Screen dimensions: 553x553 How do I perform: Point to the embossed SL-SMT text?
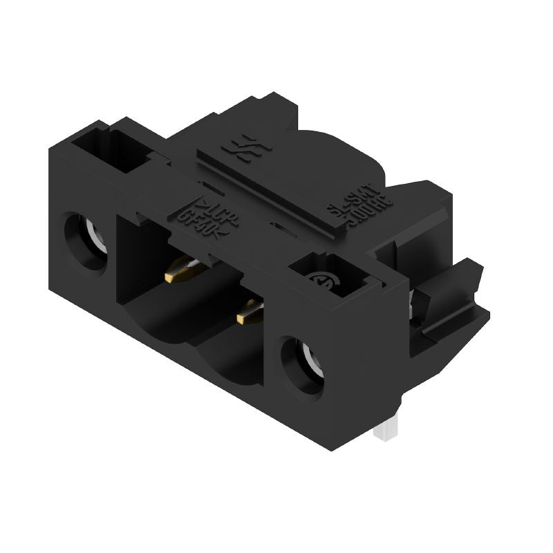(359, 194)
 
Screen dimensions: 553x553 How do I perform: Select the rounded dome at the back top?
(346, 149)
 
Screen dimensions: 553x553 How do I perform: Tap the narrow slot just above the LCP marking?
(208, 185)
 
